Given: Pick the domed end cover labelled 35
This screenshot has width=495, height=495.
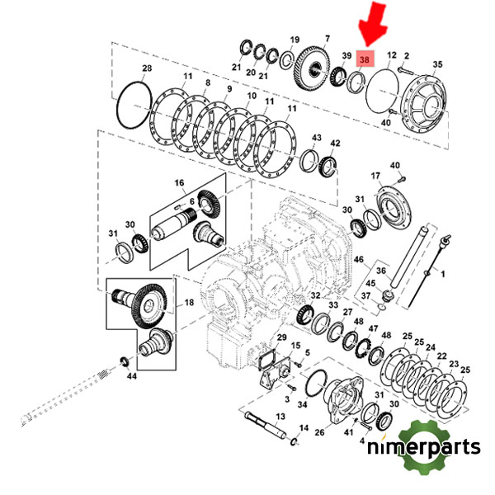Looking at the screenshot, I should pyautogui.click(x=425, y=105).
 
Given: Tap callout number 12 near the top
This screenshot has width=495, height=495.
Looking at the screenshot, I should pyautogui.click(x=392, y=54).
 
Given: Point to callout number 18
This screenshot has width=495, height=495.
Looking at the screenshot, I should pyautogui.click(x=190, y=304).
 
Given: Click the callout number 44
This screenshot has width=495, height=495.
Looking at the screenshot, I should pyautogui.click(x=132, y=376).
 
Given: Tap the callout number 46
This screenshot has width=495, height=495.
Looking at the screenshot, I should pyautogui.click(x=358, y=260).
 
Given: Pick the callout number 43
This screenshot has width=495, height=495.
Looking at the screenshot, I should pyautogui.click(x=316, y=137).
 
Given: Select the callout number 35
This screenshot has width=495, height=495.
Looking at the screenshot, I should pyautogui.click(x=438, y=64).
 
